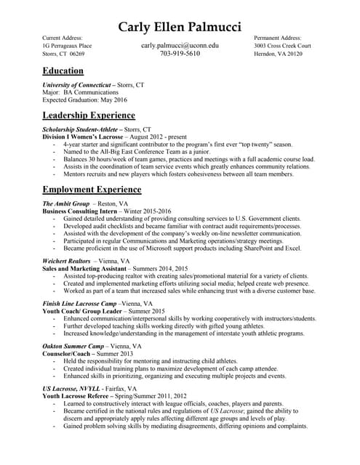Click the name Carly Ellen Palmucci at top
tap(180, 27)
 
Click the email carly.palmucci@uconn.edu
tap(180, 45)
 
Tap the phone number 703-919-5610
tap(180, 54)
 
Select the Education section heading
tap(63, 71)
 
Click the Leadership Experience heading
tap(89, 115)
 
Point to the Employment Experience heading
tap(92, 190)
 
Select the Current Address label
tap(63, 36)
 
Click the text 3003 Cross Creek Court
tap(283, 45)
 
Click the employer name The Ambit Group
tap(66, 204)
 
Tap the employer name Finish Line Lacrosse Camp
tap(81, 303)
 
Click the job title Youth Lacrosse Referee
tap(78, 397)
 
